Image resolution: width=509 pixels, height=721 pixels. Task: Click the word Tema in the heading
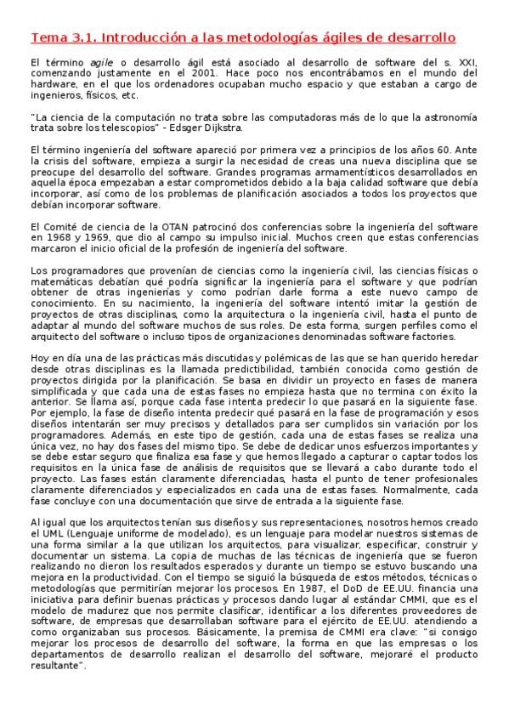coord(47,38)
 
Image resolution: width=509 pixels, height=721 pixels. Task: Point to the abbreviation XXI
coord(467,65)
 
